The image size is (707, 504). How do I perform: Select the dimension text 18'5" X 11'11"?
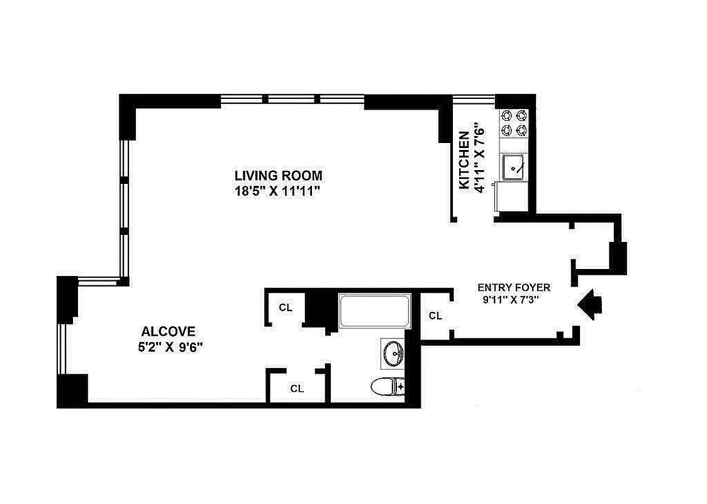[278, 190]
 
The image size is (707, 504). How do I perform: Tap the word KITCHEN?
[464, 160]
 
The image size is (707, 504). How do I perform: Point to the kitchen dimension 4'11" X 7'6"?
[479, 160]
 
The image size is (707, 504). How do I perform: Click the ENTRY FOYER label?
[513, 287]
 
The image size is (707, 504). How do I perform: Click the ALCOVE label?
[169, 331]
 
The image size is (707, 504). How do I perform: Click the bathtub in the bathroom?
[374, 311]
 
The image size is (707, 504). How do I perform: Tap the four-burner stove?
[513, 123]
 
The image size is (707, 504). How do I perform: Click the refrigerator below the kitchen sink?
[512, 197]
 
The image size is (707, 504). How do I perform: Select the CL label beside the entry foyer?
[435, 316]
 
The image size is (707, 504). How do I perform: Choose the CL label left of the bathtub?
[286, 307]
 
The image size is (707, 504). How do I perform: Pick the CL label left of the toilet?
[297, 389]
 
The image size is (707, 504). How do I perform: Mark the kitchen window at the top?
[474, 98]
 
